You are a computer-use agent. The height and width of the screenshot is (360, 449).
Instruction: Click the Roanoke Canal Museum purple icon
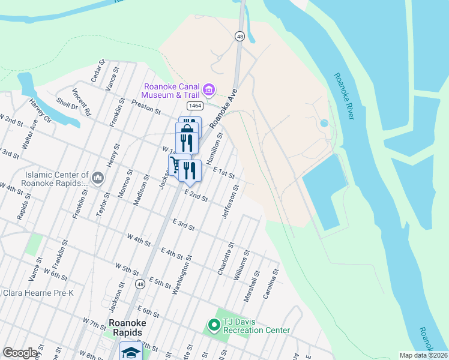coord(209,91)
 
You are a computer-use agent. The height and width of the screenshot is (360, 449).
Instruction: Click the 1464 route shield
coord(194,106)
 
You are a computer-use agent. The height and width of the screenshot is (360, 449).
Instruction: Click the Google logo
coord(20,353)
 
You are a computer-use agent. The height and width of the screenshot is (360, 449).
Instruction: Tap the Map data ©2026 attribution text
coord(424,355)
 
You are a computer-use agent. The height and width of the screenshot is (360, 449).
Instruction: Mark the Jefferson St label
coord(231,201)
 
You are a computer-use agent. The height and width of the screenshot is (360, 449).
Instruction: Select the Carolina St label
coord(276,280)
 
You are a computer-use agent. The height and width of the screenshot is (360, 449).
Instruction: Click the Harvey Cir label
coord(40,110)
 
